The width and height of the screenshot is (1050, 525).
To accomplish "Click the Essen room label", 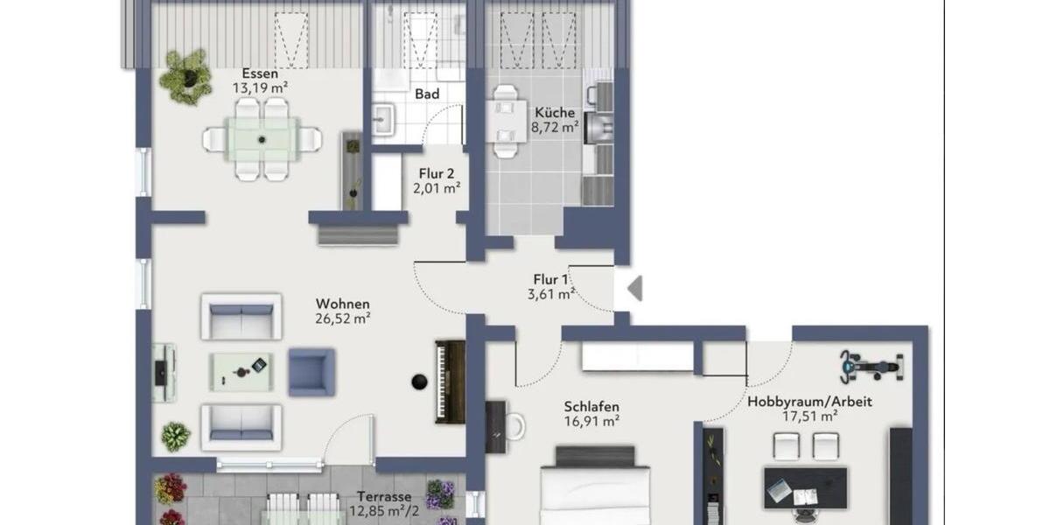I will tap(260, 73).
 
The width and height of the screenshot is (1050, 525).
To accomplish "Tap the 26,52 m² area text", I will tap(343, 318).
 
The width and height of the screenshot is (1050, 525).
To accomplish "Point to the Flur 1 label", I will tap(551, 280).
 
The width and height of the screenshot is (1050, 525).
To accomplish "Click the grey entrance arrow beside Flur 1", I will tap(634, 288).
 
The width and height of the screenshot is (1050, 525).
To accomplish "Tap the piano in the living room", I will tap(450, 381).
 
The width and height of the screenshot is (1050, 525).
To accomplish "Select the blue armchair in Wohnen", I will tap(311, 372).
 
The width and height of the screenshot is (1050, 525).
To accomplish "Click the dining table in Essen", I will tap(262, 138).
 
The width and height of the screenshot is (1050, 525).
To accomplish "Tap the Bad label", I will tap(427, 94).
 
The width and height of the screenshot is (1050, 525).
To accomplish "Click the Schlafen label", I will tap(592, 406).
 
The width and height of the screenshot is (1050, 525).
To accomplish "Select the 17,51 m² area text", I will tap(809, 416).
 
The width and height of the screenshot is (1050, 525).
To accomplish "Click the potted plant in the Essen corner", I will tap(186, 75).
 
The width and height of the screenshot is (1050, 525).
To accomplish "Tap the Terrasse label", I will tap(384, 496).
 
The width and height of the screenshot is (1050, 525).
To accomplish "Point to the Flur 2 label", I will tap(436, 172).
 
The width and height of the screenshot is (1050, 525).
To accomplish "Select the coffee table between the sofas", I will tap(241, 371).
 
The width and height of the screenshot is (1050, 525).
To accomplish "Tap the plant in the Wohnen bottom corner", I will tap(176, 436).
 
